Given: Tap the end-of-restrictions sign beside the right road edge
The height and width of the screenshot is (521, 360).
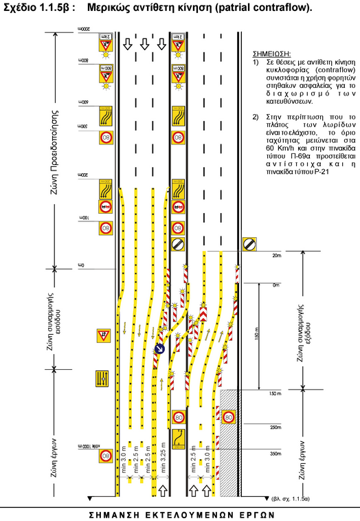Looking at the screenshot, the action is (249, 243).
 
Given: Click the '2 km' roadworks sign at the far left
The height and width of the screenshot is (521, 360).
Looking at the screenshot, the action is (105, 46).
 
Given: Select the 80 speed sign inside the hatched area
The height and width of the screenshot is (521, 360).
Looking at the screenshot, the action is (229, 417).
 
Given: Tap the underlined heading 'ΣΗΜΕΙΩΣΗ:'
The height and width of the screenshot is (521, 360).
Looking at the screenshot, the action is (272, 53).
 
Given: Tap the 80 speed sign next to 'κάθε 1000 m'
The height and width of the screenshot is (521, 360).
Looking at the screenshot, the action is (105, 456).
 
